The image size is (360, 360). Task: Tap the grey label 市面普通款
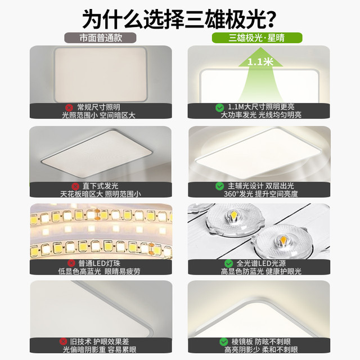(100, 38)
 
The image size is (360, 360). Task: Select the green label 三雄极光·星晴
(257, 38)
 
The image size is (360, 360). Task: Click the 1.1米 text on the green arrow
(260, 62)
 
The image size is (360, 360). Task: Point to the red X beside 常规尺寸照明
(69, 107)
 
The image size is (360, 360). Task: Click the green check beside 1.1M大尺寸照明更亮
(220, 107)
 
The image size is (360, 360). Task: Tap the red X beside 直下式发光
(75, 186)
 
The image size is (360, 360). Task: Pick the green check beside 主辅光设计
(220, 186)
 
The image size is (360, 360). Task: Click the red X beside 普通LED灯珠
(71, 263)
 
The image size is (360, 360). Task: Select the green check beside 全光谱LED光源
(229, 263)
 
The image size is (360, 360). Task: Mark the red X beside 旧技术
(63, 341)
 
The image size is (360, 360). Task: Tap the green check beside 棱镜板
(224, 342)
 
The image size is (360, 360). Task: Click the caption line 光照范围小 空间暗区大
(99, 115)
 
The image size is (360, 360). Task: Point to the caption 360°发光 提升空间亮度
(261, 194)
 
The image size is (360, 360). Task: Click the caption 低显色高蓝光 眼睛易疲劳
(99, 271)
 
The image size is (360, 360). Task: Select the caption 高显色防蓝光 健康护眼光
(261, 271)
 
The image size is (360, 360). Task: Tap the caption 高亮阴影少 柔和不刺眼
(261, 350)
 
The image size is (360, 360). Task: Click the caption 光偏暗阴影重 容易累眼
(100, 350)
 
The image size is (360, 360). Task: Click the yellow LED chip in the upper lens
(235, 215)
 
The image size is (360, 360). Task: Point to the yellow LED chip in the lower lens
(283, 240)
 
